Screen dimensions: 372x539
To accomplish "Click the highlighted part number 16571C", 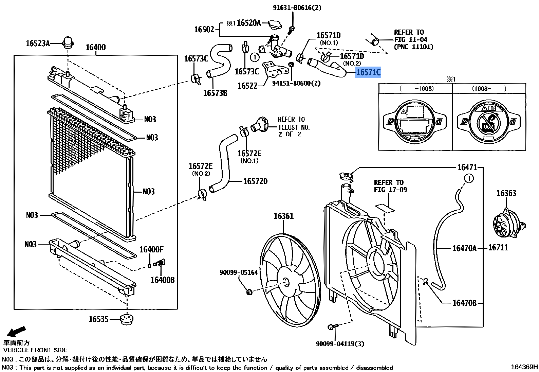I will tap(368, 72).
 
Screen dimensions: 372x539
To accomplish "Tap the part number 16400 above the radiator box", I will tap(95, 47).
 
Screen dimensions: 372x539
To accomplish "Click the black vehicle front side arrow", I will tap(16, 332).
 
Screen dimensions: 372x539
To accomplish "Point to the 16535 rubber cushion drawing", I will tap(127, 319).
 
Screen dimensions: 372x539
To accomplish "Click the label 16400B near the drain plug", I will tap(162, 280).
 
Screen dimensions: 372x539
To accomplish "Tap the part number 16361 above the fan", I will tap(283, 216).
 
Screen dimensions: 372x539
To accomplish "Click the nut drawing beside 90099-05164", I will tap(249, 292).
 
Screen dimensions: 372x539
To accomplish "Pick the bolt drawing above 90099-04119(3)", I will tap(333, 326).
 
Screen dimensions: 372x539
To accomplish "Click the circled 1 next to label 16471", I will tap(469, 178).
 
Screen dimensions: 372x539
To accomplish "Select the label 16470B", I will tap(464, 303).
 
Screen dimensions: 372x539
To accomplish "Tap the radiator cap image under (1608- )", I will tap(488, 121).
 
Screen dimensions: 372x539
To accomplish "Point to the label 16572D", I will tap(255, 181).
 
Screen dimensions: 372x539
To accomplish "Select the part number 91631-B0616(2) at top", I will tap(297, 7).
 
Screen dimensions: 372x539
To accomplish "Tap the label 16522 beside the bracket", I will tap(247, 86).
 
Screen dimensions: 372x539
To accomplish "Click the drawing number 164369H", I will tap(524, 367).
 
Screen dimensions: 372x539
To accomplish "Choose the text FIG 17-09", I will tap(390, 190).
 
